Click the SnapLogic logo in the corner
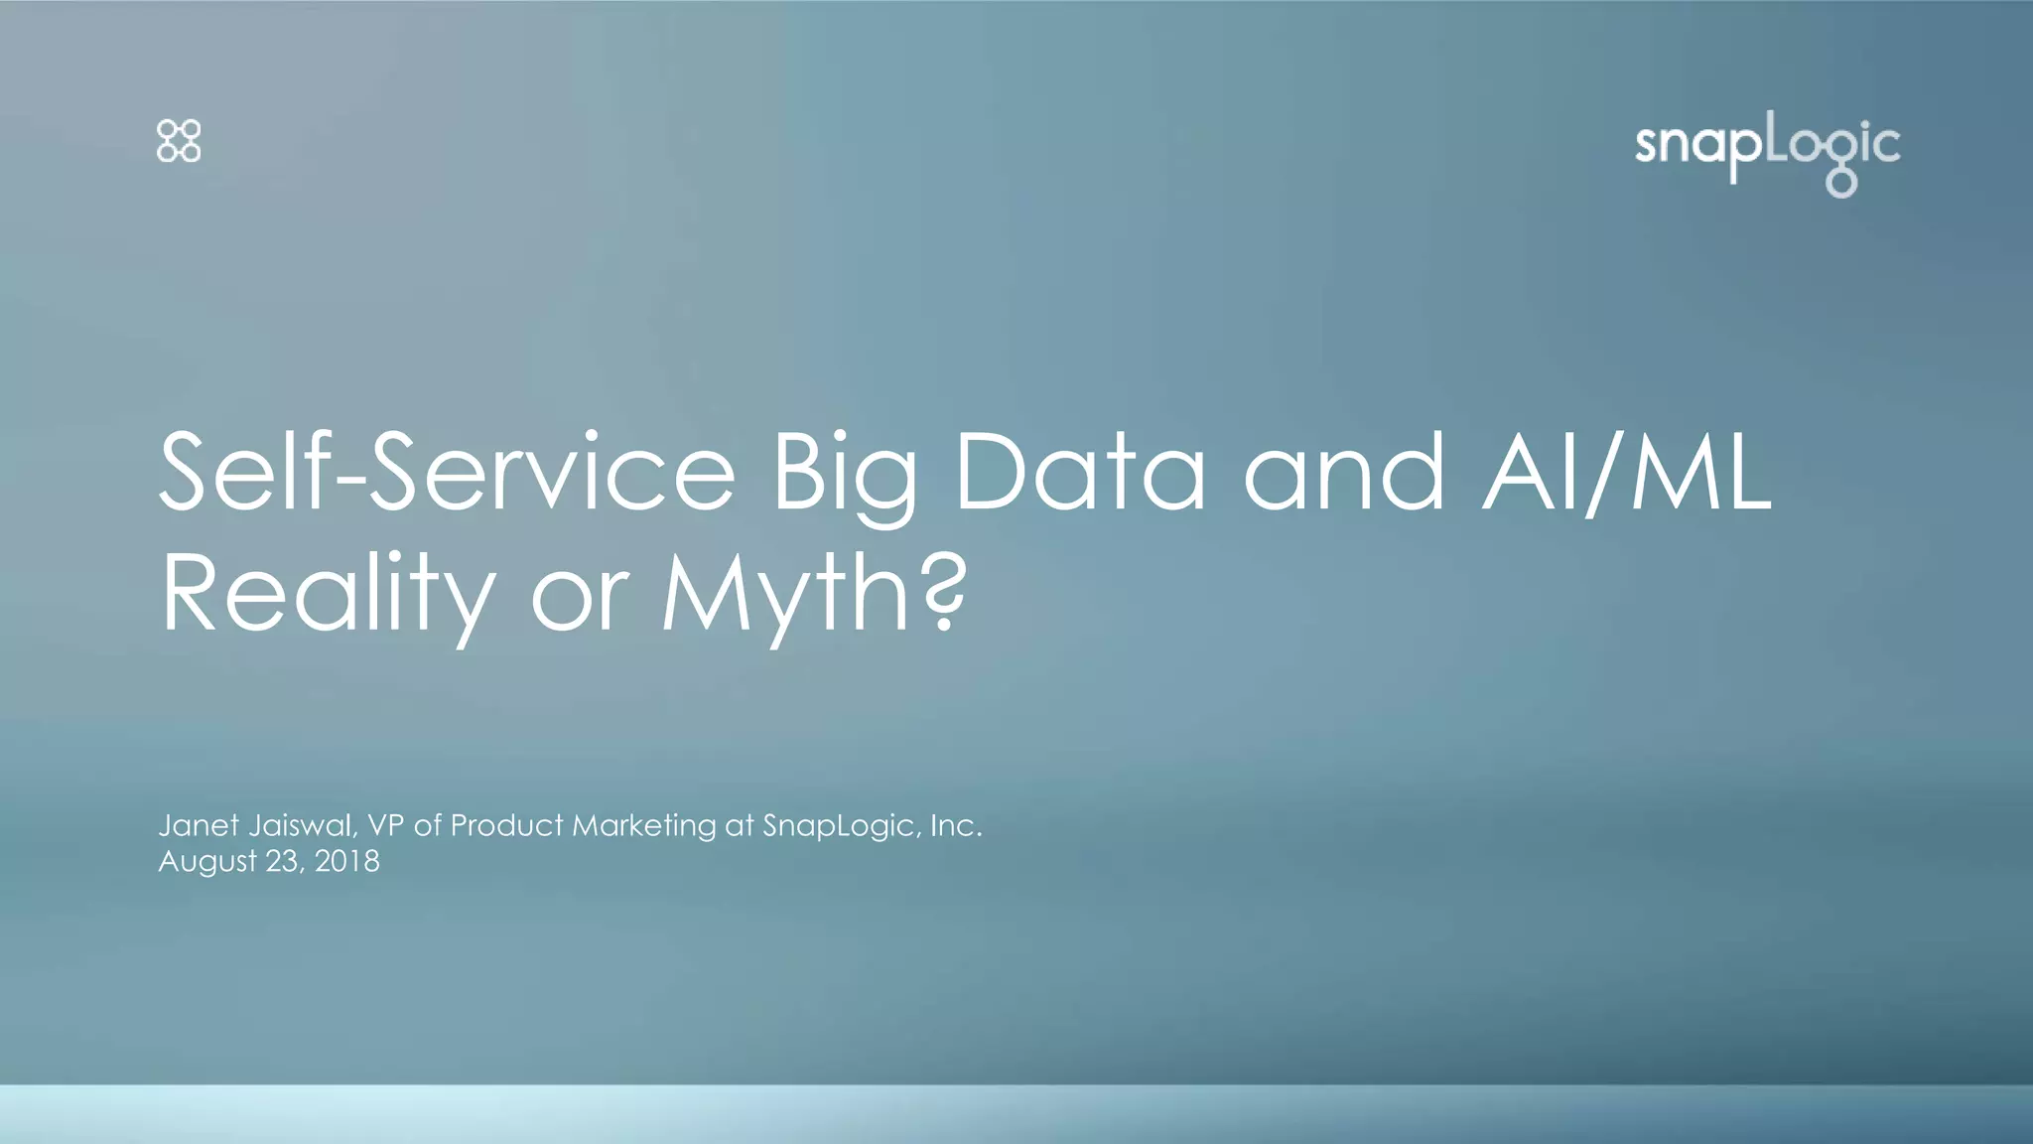pos(1767,154)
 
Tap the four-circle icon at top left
pos(179,141)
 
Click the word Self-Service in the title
pos(447,474)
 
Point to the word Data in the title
pos(1079,474)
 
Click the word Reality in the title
pos(328,596)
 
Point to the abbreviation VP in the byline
pos(385,825)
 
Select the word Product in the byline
pos(506,825)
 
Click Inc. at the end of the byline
pos(956,825)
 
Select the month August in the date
pos(207,861)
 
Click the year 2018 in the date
pos(346,861)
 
